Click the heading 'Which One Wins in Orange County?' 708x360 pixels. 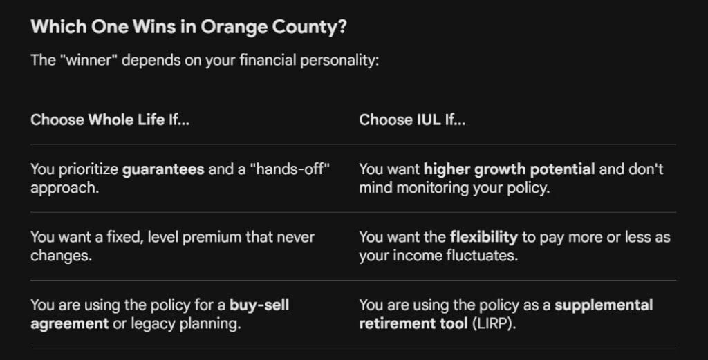pos(189,27)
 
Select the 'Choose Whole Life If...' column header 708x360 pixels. pos(110,120)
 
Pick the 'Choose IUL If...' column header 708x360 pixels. pos(412,120)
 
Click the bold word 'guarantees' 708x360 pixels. pos(163,169)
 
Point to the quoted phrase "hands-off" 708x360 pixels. pos(290,169)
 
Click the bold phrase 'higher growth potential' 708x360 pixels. pos(510,169)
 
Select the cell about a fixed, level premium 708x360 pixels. pos(172,246)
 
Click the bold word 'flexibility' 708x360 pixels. pos(483,237)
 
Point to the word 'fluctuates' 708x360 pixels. pos(482,256)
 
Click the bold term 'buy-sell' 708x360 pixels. pos(259,305)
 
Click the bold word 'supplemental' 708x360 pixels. pos(604,305)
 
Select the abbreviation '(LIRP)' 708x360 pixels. pos(494,323)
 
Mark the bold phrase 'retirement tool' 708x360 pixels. pos(413,323)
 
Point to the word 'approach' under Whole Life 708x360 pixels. pos(64,188)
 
